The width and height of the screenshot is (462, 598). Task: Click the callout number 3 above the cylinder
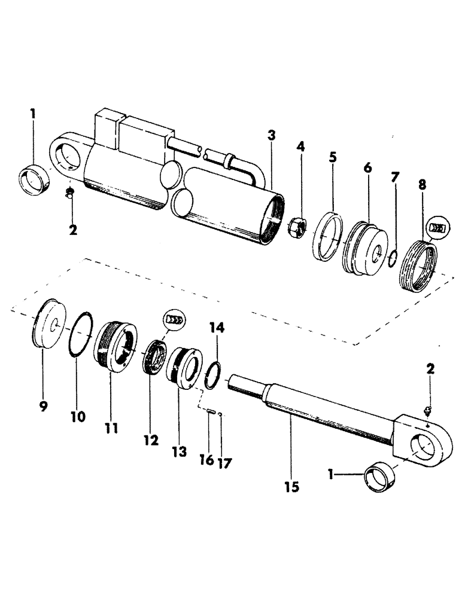[272, 135]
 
